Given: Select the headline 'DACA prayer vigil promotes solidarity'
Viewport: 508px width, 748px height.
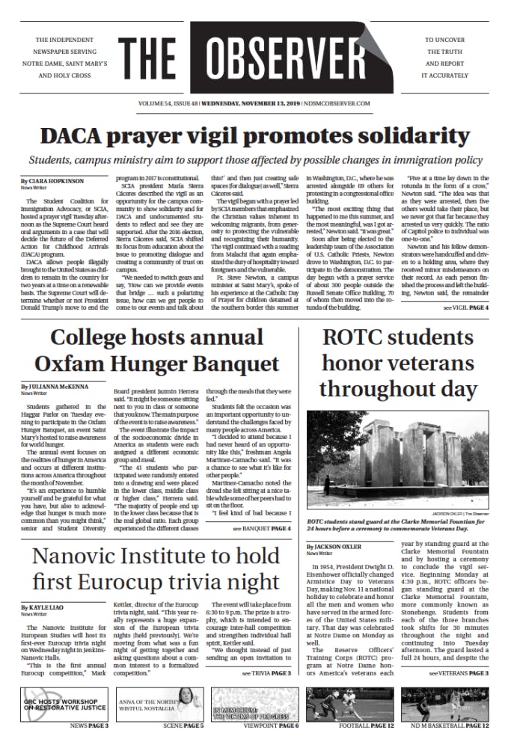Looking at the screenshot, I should [x=254, y=136].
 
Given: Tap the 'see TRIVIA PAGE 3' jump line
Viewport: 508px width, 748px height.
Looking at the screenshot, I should [x=266, y=673].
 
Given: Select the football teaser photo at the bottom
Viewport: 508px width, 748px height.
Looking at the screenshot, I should [x=349, y=703].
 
